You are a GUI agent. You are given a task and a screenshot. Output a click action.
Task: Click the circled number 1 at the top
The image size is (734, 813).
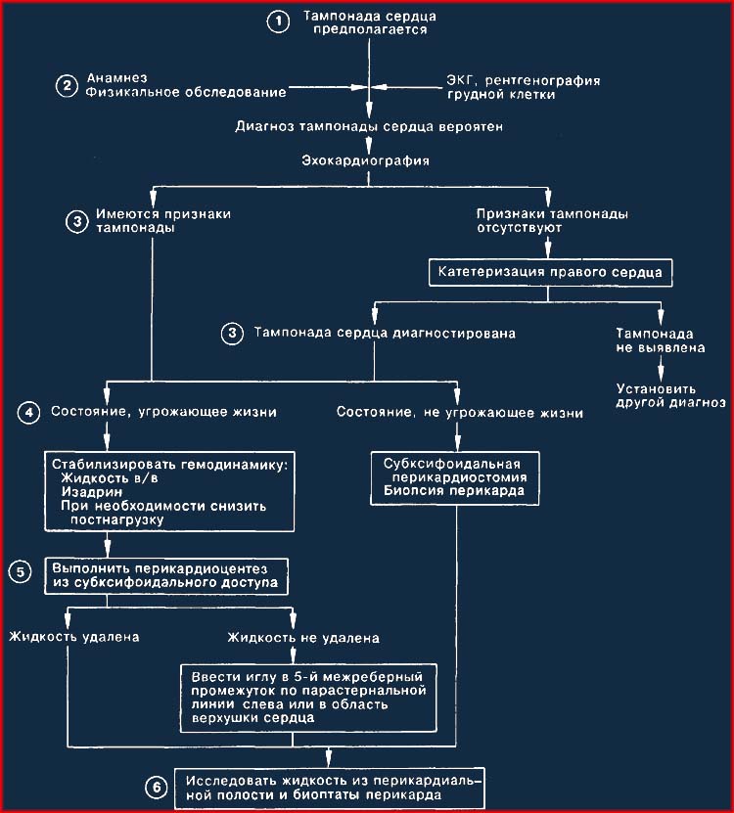(x=279, y=22)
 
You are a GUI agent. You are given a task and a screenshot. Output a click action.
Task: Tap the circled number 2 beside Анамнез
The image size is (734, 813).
(x=67, y=85)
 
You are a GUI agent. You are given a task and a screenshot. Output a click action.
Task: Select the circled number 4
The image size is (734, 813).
(x=28, y=413)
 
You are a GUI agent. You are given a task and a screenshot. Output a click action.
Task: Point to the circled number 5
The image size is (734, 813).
(x=21, y=572)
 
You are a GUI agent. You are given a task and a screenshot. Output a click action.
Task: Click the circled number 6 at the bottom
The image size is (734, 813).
(x=157, y=789)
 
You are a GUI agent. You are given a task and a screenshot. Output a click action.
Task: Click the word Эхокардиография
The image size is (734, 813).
(x=366, y=160)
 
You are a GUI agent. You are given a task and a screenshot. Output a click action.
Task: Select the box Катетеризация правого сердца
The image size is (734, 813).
(x=550, y=273)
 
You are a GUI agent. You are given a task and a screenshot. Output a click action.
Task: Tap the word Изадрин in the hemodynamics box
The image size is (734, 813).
(x=92, y=491)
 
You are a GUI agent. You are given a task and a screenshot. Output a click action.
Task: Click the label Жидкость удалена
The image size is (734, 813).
(x=74, y=637)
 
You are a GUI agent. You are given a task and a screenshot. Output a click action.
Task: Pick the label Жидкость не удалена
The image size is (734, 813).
(x=303, y=638)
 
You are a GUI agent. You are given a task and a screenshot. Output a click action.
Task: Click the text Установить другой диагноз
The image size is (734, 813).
(x=670, y=395)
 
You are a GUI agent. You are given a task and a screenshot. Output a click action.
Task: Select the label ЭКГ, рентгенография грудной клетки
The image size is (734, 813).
(x=524, y=88)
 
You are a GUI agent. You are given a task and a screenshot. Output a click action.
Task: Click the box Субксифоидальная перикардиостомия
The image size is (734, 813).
(x=454, y=478)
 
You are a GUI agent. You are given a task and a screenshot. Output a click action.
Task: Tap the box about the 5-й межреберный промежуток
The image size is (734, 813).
(x=308, y=698)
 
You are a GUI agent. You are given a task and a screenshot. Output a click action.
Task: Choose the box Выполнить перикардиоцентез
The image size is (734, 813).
(x=166, y=576)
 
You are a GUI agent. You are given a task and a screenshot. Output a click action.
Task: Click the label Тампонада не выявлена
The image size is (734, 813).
(x=661, y=340)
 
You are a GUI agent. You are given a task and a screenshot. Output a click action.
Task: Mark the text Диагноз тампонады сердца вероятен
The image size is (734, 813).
(x=369, y=126)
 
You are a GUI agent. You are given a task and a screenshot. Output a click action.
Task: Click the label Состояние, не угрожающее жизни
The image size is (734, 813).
(x=460, y=413)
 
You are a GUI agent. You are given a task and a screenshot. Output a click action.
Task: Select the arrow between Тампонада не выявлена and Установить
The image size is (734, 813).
(x=661, y=369)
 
